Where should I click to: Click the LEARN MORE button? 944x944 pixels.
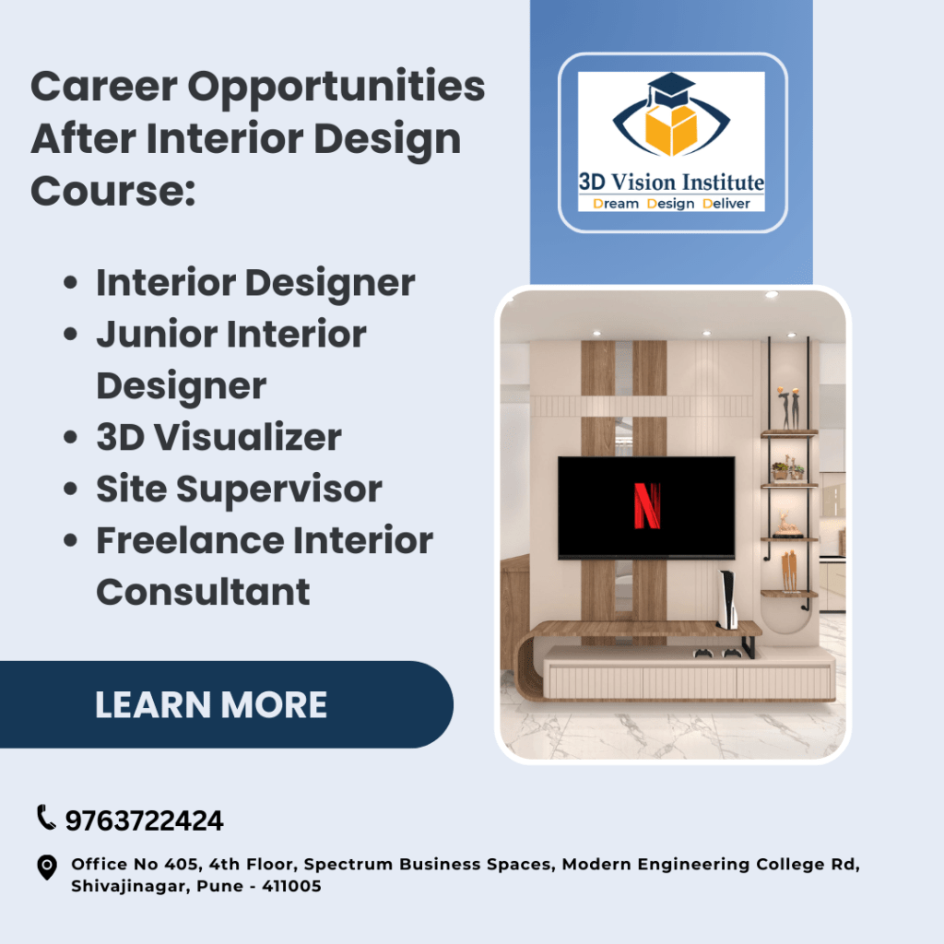click(x=211, y=705)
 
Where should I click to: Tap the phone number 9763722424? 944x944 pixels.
click(x=144, y=820)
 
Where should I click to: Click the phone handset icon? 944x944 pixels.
click(x=46, y=818)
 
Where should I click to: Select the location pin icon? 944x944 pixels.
click(x=46, y=867)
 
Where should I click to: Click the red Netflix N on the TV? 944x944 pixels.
click(x=647, y=506)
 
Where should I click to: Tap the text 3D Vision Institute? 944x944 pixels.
click(x=671, y=182)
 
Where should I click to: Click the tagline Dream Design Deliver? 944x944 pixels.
click(x=671, y=203)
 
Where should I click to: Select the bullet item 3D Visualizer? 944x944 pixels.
click(x=218, y=438)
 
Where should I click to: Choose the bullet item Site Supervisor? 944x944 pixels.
click(x=239, y=490)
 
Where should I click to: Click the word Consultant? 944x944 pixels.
click(x=203, y=592)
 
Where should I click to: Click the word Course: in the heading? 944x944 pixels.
click(x=113, y=190)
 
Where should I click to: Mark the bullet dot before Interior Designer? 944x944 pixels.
click(x=70, y=284)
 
